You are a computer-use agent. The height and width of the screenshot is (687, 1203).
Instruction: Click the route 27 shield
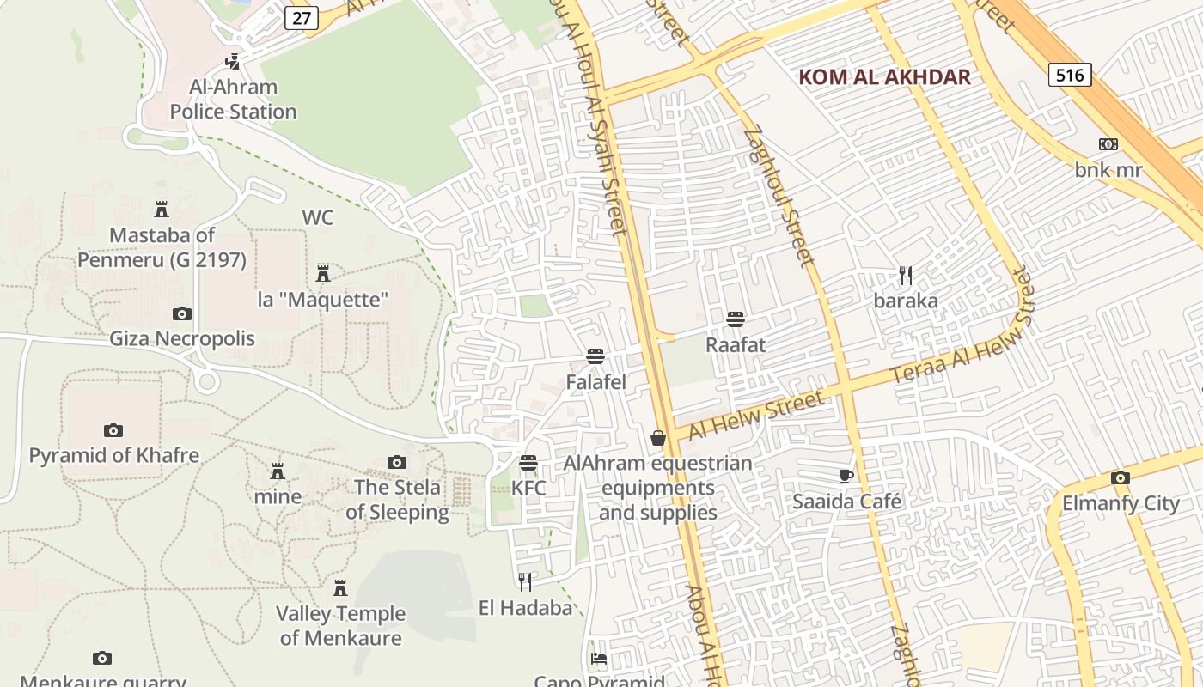pos(302,18)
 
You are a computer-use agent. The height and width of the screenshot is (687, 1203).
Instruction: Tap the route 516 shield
pos(1070,75)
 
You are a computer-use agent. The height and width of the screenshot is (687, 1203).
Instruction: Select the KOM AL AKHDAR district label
pos(884,77)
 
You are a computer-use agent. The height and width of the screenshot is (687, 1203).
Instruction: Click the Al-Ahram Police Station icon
pos(232,61)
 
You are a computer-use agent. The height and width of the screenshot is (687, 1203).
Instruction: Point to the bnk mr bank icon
pos(1108,144)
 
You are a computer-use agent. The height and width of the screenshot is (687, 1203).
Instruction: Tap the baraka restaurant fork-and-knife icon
pos(906,276)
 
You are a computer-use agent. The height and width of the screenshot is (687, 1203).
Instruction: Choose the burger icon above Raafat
pos(735,319)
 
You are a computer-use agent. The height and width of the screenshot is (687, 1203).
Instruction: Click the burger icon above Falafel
pos(595,356)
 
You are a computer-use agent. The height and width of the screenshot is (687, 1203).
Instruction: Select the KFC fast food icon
pos(528,463)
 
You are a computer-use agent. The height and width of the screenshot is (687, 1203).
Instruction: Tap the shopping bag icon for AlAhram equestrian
pos(658,438)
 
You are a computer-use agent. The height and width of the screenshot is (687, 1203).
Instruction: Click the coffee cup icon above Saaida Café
pos(846,476)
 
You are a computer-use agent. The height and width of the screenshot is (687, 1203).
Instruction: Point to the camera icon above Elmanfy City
pos(1120,477)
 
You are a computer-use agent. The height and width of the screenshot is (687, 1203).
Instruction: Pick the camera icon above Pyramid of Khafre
pos(113,430)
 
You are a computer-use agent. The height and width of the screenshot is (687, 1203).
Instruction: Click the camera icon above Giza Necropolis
pos(182,313)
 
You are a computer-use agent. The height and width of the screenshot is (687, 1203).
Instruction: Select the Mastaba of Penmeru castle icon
pos(162,209)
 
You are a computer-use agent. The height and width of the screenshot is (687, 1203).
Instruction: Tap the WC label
pos(317,218)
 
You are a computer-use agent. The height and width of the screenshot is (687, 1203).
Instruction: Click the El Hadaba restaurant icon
pos(525,582)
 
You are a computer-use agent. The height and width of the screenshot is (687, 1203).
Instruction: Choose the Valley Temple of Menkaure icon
pos(340,588)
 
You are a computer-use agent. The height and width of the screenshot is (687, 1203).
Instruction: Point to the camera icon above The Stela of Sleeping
pos(396,462)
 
